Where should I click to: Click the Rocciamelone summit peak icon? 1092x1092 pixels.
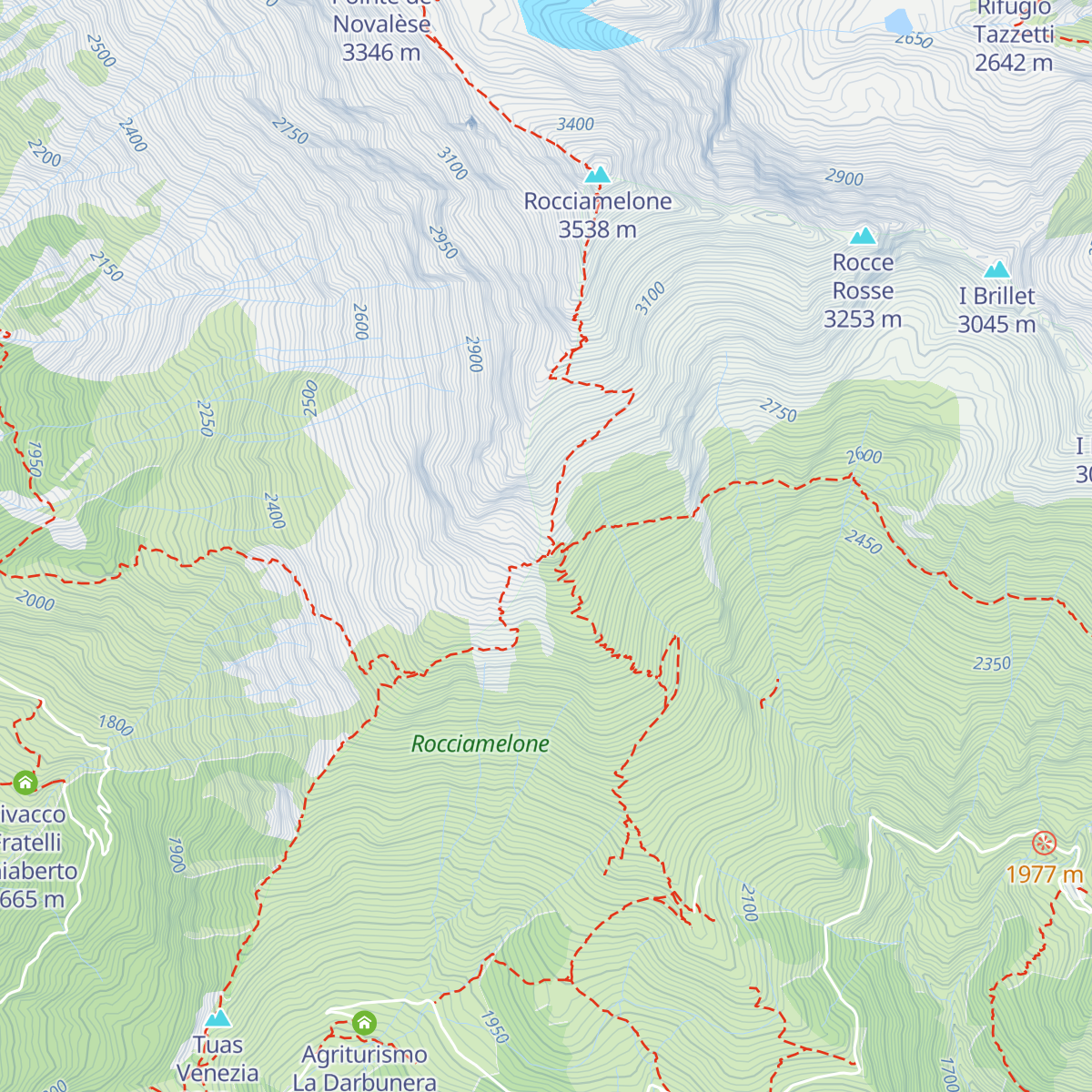pos(597,174)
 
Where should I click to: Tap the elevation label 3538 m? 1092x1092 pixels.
pos(597,230)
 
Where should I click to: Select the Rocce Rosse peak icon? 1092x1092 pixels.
pos(863,237)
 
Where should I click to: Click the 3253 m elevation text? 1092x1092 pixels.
pos(863,319)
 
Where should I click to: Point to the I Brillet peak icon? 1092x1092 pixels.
pos(997,269)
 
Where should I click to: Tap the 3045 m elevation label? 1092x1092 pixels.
pos(996,325)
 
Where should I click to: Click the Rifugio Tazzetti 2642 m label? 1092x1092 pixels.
pos(1014,36)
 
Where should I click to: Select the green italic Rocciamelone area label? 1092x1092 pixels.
pos(480,744)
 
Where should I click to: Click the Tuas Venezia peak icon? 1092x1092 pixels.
pos(217,1018)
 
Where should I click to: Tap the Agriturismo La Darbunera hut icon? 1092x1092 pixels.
pos(364,1023)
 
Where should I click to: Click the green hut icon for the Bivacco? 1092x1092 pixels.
pos(25,782)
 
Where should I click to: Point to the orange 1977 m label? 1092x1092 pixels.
pos(1045,875)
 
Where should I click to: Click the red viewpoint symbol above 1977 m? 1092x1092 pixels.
pos(1044,843)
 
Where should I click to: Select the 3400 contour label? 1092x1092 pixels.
pos(575,125)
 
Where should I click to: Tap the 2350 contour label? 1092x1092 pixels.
pos(992,664)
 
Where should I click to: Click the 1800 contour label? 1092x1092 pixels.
pos(116,725)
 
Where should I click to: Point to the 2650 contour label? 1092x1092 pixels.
pos(914,40)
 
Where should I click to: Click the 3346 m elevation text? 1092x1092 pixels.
pos(381,53)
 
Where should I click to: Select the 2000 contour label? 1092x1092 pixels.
pos(35,602)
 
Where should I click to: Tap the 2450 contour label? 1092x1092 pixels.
pos(863,542)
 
